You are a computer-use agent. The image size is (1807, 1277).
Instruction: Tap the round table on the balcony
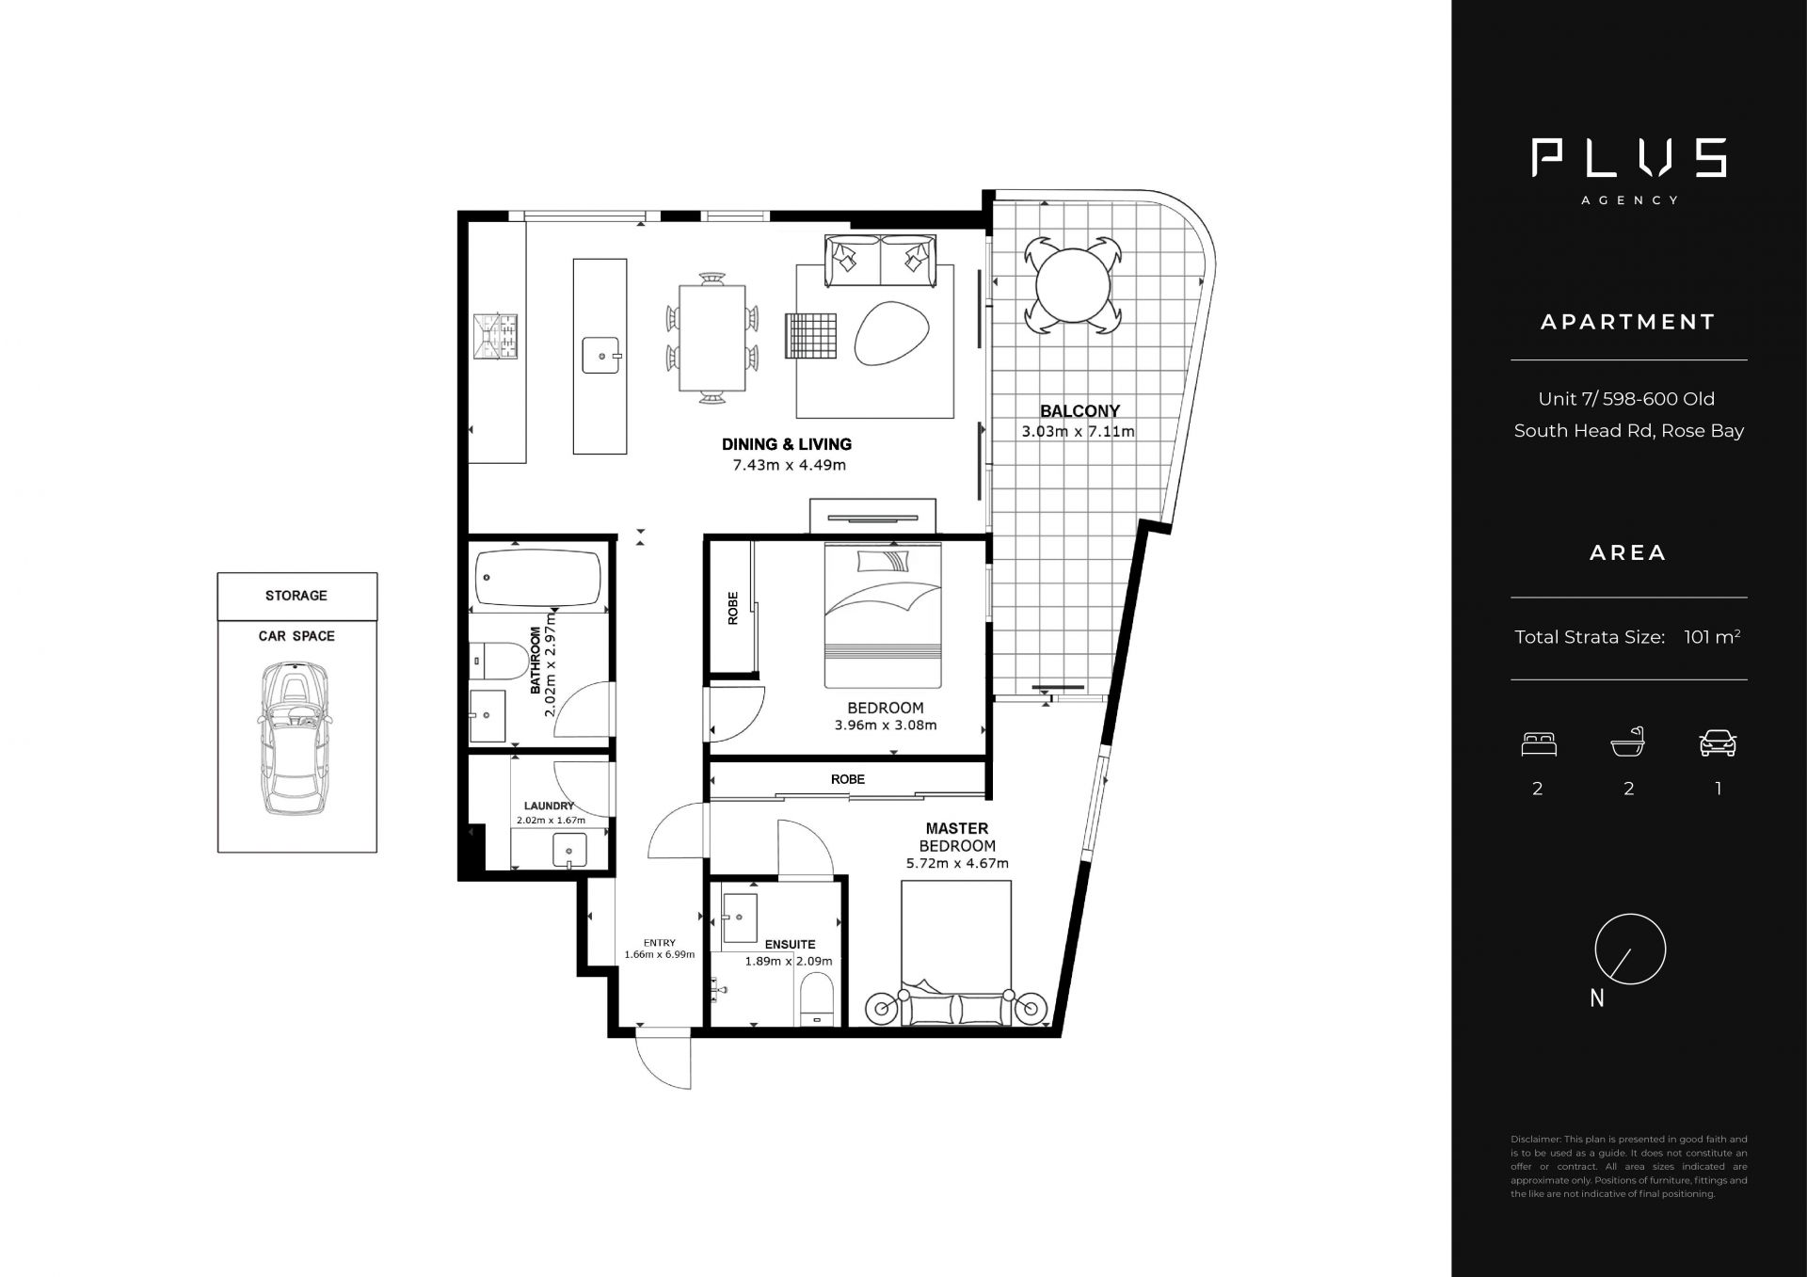1073,285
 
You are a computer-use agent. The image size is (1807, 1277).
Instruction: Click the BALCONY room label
1079,411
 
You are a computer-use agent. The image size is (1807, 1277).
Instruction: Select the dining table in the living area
712,338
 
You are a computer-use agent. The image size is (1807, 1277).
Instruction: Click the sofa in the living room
880,261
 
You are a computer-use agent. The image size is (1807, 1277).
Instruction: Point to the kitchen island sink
600,356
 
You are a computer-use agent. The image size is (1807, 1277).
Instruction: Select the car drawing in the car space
296,739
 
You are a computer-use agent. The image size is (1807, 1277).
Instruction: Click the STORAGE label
296,596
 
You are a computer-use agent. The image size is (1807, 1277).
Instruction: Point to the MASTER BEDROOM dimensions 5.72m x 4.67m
957,863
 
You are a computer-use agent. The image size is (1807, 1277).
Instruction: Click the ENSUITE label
790,944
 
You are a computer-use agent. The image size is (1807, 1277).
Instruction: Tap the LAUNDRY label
549,806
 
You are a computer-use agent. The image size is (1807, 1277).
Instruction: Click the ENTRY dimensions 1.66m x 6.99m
660,954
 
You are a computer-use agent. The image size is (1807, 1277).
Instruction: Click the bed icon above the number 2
1539,744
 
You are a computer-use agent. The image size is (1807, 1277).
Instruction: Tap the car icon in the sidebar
1718,743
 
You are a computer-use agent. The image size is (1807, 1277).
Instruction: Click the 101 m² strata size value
1712,637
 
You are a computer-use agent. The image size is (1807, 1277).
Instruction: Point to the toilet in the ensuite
816,998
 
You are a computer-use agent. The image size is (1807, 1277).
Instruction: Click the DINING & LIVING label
787,444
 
